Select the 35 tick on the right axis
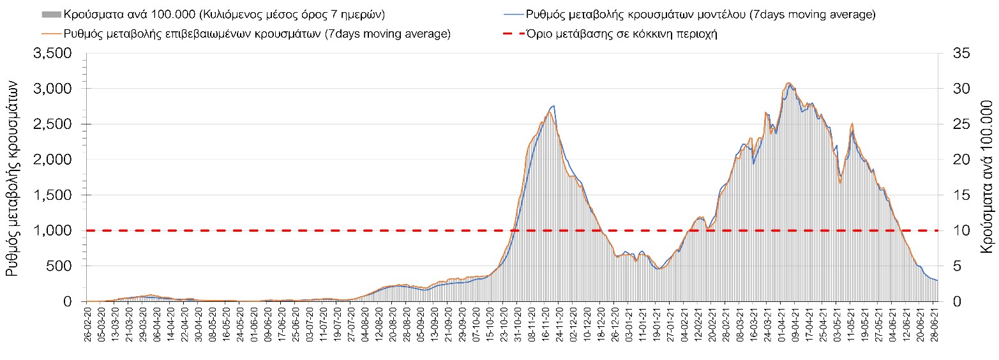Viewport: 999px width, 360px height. [961, 54]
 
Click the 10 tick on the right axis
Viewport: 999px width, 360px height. [961, 230]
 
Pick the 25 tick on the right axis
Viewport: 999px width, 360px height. [961, 124]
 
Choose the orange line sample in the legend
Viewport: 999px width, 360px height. [51, 34]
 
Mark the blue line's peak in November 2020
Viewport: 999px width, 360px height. [553, 106]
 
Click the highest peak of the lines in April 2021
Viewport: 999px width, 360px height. [790, 83]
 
